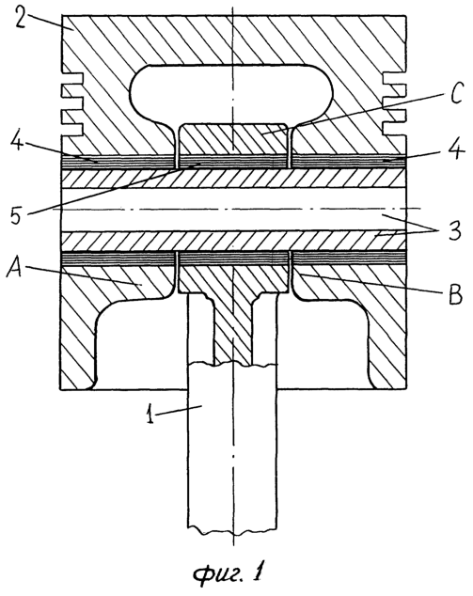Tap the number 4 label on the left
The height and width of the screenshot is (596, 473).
(16, 150)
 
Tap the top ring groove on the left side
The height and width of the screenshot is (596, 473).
(73, 78)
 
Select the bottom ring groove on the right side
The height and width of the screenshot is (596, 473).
(393, 126)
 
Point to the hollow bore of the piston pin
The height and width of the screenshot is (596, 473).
(233, 210)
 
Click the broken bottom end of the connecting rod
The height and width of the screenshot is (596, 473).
(232, 528)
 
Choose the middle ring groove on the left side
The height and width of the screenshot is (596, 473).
(73, 101)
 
